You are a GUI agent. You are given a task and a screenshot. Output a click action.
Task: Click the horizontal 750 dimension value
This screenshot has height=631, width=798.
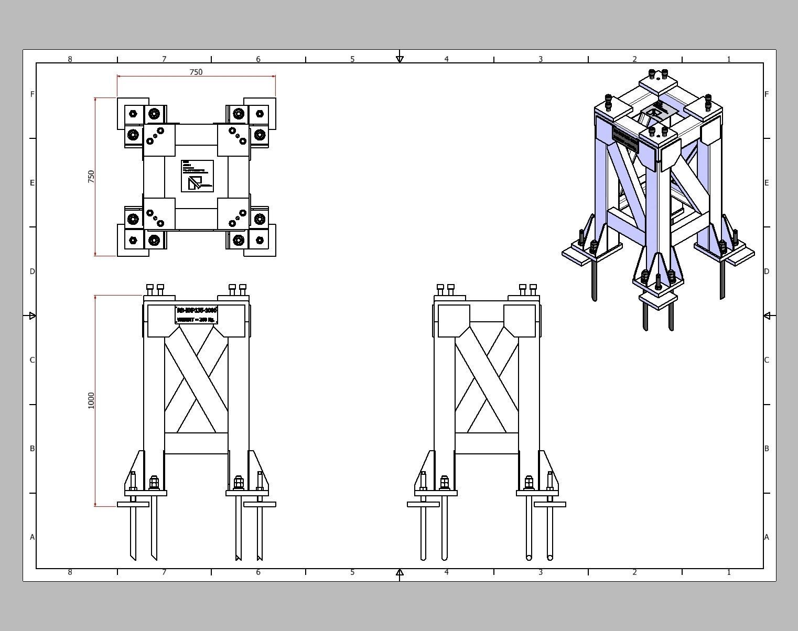(x=196, y=72)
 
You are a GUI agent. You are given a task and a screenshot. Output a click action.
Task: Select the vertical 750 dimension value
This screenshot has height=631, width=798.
(x=91, y=176)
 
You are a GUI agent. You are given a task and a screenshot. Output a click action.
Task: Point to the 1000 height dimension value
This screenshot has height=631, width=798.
(x=91, y=400)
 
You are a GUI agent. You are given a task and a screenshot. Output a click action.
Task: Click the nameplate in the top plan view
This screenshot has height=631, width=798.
(x=197, y=176)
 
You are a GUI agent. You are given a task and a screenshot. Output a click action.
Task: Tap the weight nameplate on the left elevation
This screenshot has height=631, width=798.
(x=197, y=315)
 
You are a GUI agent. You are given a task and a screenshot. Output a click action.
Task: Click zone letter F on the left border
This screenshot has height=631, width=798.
(x=33, y=94)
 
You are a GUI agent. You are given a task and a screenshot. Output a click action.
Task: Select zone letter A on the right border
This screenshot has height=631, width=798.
(x=767, y=537)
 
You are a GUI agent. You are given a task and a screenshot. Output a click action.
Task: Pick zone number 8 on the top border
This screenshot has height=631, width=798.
(x=70, y=59)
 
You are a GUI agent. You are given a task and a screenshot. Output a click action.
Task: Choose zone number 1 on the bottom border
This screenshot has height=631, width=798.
(x=729, y=572)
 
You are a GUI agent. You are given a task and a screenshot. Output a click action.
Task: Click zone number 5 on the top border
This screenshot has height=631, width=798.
(x=352, y=59)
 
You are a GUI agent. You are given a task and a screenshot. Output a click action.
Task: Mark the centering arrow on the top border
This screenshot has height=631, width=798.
(x=400, y=59)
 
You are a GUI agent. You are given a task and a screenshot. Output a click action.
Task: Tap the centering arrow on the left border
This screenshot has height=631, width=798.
(x=32, y=315)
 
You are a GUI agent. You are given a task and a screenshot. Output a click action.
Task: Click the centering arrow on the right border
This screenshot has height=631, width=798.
(x=767, y=315)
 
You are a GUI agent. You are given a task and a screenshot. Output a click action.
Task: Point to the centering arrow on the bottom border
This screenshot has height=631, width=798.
(x=400, y=572)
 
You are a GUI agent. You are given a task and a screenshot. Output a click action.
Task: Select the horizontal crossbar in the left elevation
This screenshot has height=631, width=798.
(x=196, y=443)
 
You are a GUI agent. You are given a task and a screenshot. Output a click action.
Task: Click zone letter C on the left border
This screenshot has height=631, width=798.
(x=33, y=360)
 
